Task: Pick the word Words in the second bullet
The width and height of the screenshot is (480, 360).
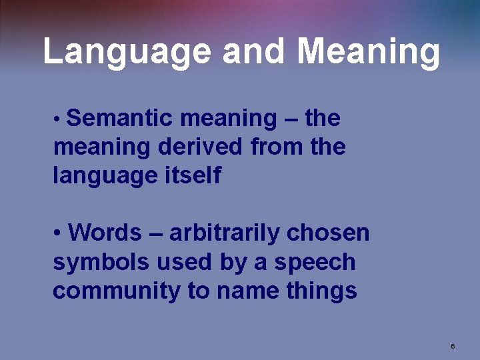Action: [x=105, y=233]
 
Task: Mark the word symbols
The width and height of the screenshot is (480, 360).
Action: [x=101, y=262]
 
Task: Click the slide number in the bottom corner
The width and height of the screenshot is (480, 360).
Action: [x=453, y=346]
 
